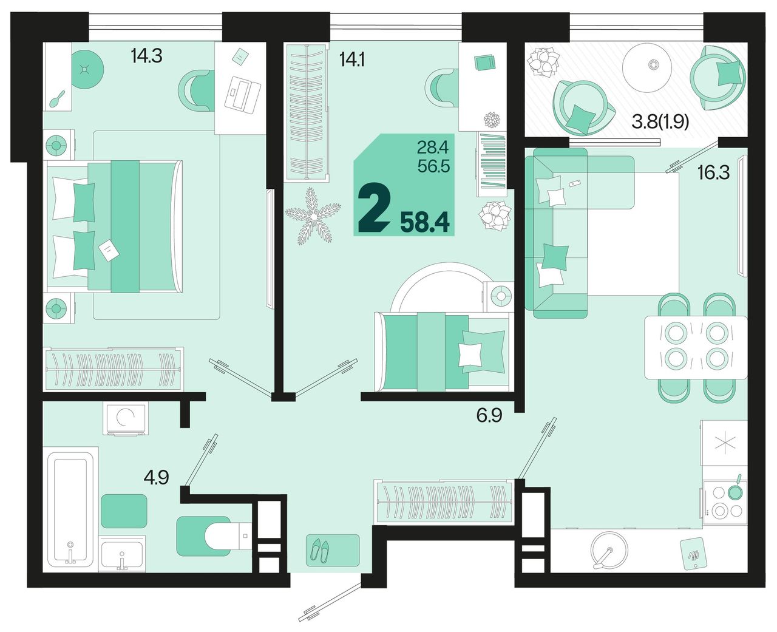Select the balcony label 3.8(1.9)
[x=660, y=123]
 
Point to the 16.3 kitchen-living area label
[x=714, y=172]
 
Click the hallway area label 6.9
[x=489, y=415]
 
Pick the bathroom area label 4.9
[x=157, y=477]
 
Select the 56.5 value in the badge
[x=434, y=167]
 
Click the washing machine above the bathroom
[x=126, y=418]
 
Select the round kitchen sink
[x=609, y=551]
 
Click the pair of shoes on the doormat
[x=319, y=550]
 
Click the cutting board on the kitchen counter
[x=691, y=556]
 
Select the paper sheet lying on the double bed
[x=108, y=250]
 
